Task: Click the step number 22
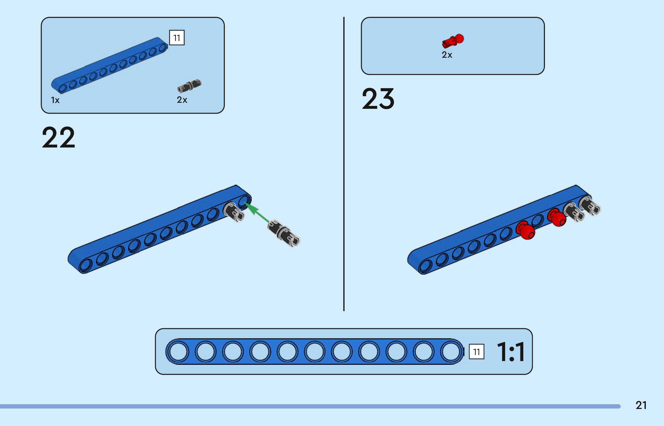[x=59, y=137]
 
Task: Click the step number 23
[x=378, y=99]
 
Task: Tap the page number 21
[x=641, y=405]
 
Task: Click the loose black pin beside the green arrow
[x=283, y=233]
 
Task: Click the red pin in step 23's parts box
[x=453, y=41]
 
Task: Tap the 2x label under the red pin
[x=447, y=55]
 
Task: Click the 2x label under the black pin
[x=182, y=100]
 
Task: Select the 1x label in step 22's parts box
[x=55, y=100]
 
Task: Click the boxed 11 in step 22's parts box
[x=177, y=38]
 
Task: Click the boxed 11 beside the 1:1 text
[x=477, y=352]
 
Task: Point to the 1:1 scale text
[x=511, y=352]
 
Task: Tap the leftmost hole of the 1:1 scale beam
[x=178, y=352]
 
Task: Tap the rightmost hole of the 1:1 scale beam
[x=451, y=352]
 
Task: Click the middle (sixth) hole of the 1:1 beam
[x=315, y=352]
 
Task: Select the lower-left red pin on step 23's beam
[x=525, y=230]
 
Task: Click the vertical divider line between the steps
[x=344, y=164]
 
